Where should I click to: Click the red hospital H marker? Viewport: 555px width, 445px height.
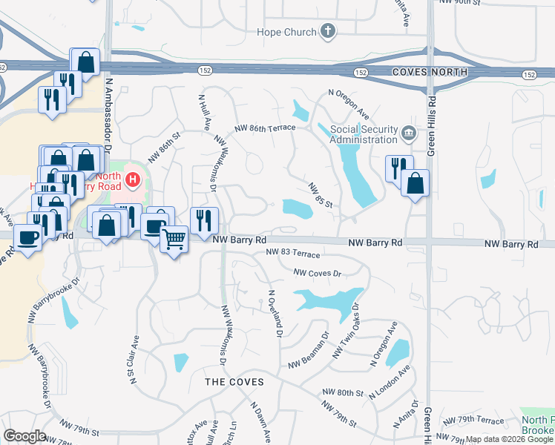coord(132,179)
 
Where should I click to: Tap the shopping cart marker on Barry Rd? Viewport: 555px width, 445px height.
coord(174,240)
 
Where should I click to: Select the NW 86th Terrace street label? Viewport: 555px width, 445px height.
coord(264,128)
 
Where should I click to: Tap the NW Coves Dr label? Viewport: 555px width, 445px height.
coord(317,273)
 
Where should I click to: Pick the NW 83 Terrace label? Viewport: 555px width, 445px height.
coord(292,253)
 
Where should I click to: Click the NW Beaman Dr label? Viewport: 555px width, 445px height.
coord(308,356)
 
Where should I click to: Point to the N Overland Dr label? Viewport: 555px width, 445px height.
coord(275,312)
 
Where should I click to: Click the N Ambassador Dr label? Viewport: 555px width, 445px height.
coord(108,112)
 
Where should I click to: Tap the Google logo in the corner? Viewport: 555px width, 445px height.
coord(24,436)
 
